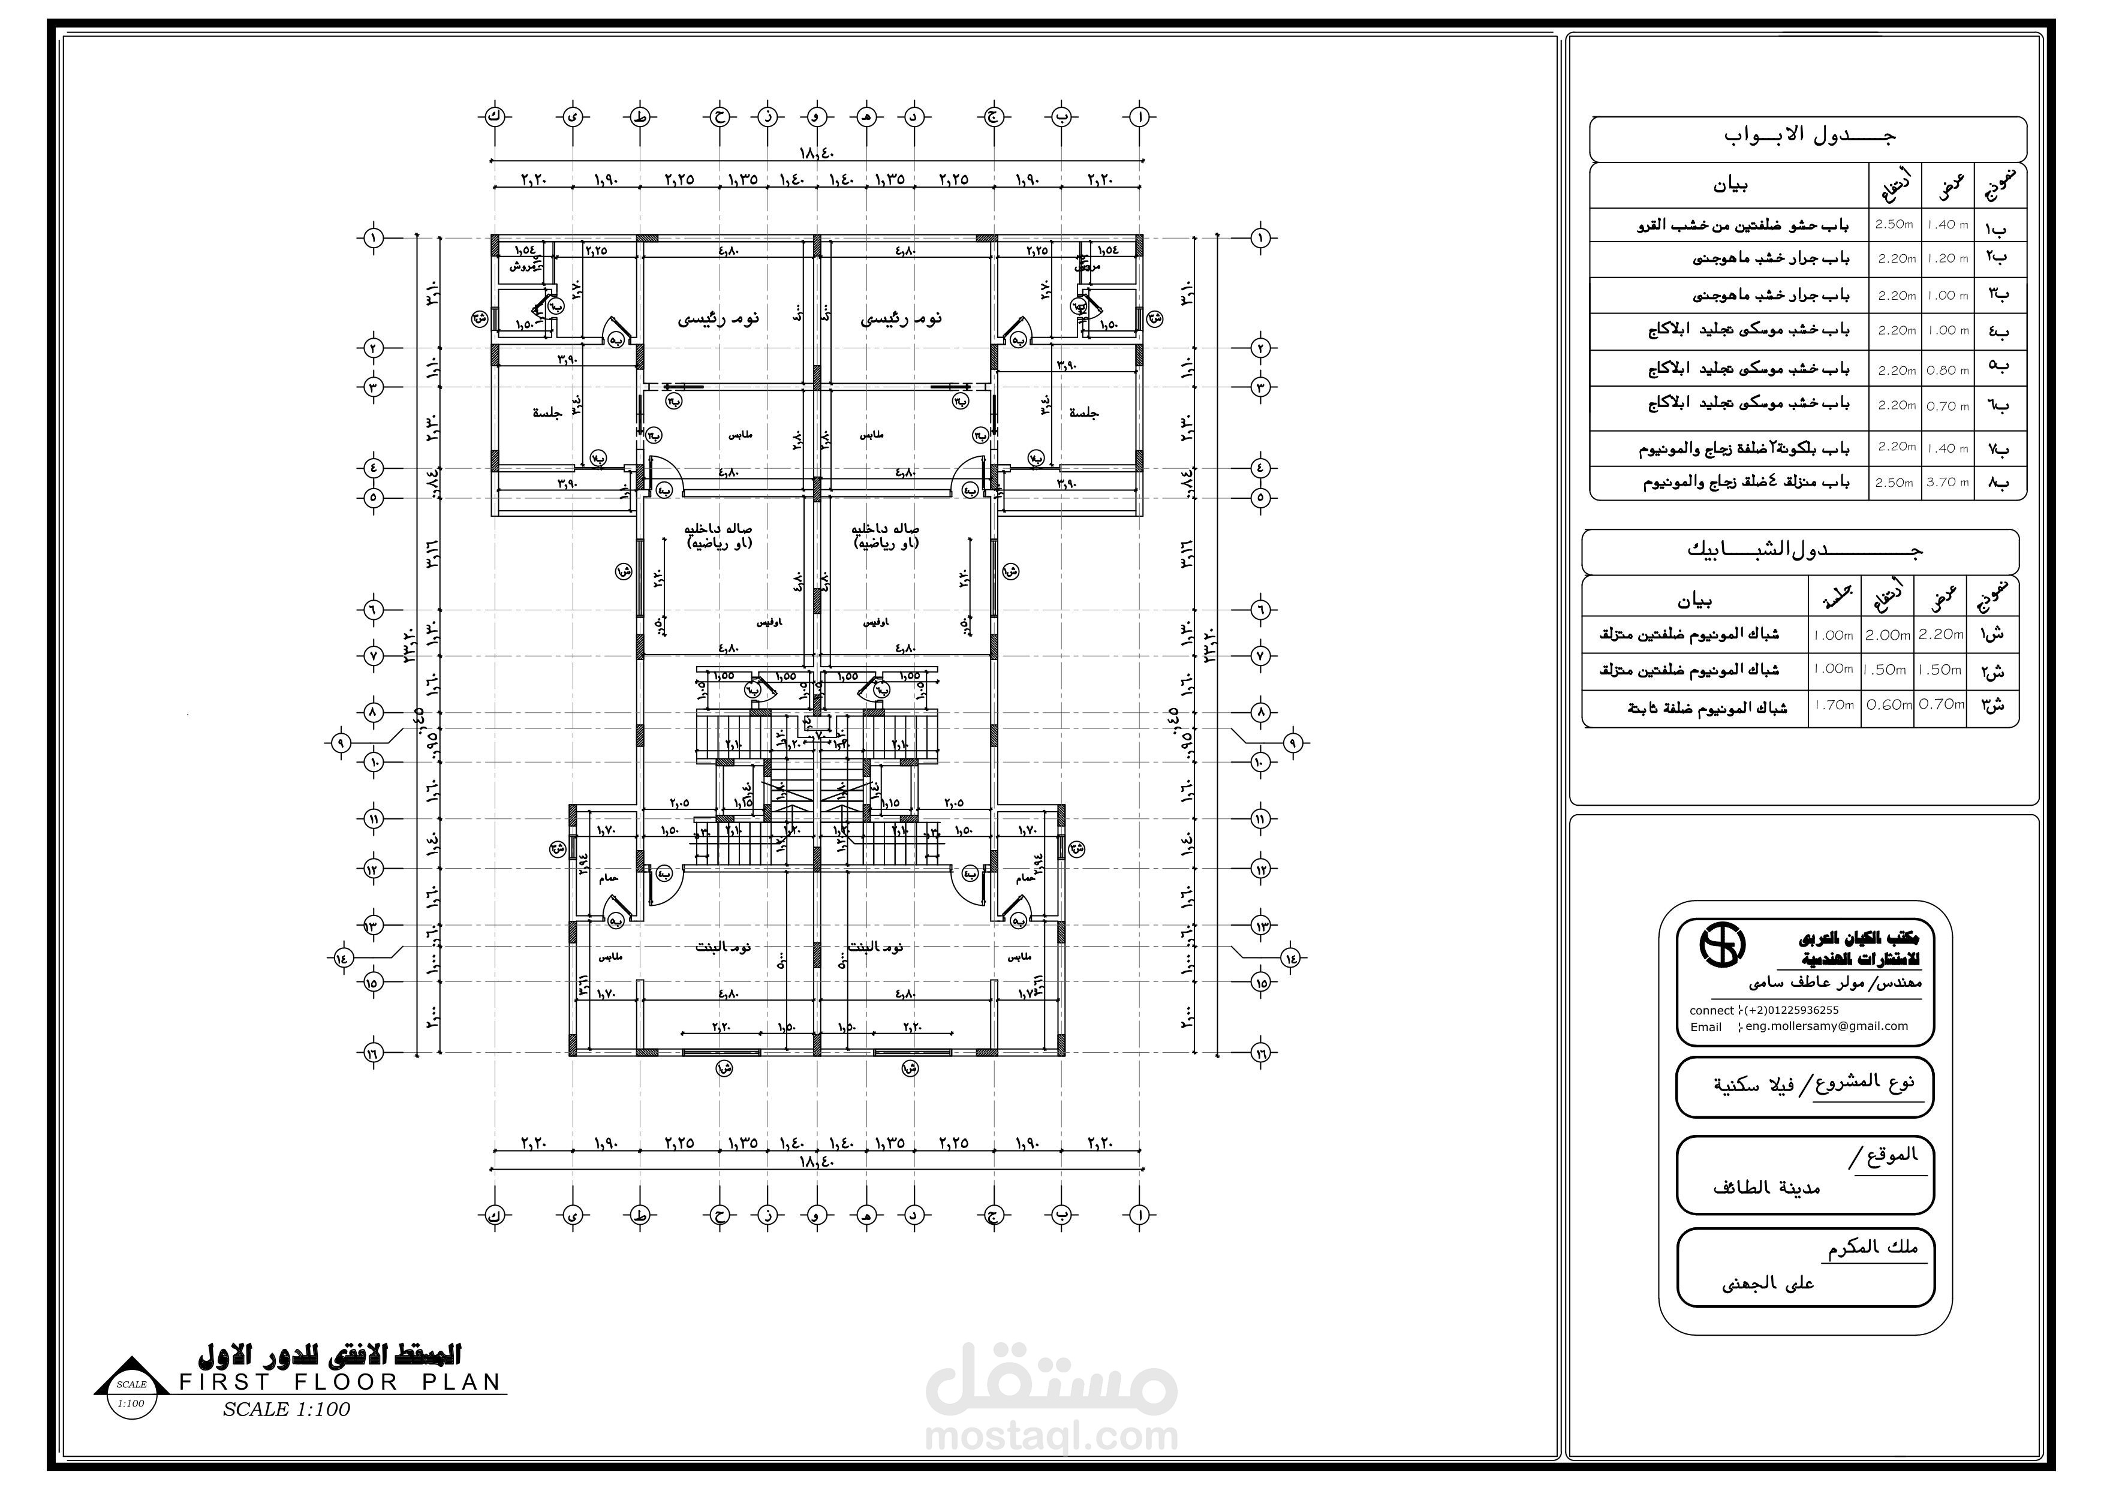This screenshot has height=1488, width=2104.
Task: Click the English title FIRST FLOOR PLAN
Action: (x=341, y=1382)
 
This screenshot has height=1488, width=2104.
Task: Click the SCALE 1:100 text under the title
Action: (x=286, y=1410)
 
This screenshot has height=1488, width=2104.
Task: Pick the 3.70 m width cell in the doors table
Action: (x=1948, y=482)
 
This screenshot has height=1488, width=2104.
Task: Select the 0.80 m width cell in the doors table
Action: (x=1948, y=370)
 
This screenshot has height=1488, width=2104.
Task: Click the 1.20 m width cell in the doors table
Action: (x=1948, y=258)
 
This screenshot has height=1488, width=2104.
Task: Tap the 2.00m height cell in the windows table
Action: (x=1888, y=634)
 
